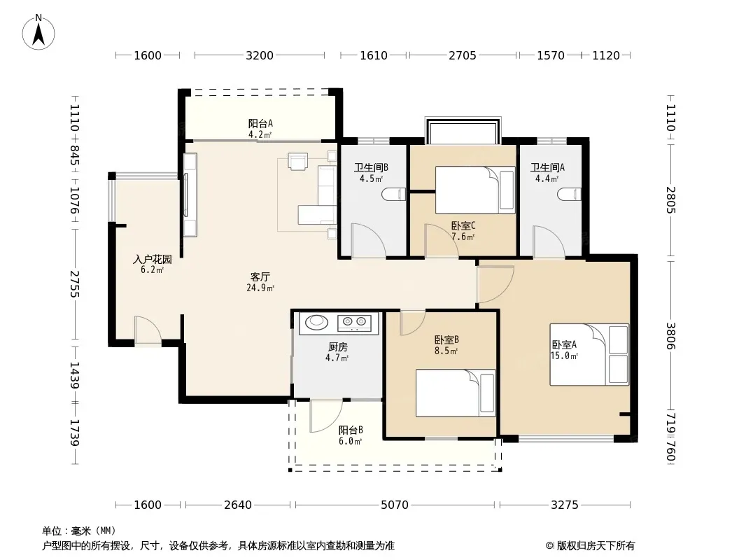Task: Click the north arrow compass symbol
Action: tap(38, 32)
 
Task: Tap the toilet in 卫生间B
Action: tap(393, 194)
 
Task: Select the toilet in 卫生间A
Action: tap(569, 194)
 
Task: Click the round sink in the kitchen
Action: tap(316, 322)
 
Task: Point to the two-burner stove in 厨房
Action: tap(354, 323)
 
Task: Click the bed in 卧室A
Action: tap(589, 354)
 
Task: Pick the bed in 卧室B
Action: tap(456, 393)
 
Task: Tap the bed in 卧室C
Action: tap(475, 190)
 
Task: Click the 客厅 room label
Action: tap(260, 276)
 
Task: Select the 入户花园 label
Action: tap(153, 259)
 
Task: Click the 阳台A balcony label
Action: tap(261, 124)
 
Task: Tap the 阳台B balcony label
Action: tap(351, 430)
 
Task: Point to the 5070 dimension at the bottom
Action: tap(395, 505)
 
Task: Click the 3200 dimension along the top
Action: tap(260, 56)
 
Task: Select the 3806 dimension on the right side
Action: tap(670, 336)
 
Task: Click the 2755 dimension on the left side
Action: tap(75, 284)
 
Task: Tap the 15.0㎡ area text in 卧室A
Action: tap(564, 356)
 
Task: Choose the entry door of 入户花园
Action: tap(148, 330)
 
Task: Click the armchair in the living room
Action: tap(298, 161)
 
